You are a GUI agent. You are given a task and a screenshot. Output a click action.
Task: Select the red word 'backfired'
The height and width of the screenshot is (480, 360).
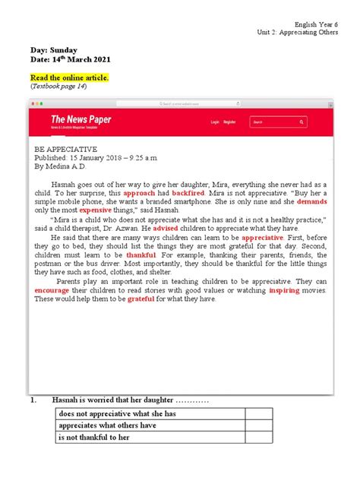[193, 193]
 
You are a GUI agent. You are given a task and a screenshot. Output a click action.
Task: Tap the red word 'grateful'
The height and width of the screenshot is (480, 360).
[141, 298]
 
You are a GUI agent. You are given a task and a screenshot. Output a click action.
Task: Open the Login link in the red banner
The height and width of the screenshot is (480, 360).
[215, 122]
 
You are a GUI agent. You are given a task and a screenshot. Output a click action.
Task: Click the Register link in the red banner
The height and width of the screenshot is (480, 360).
[229, 122]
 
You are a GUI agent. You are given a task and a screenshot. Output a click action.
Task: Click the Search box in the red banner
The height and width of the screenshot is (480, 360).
[277, 122]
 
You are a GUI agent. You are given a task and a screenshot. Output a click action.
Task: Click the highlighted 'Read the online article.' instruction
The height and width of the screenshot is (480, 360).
[69, 77]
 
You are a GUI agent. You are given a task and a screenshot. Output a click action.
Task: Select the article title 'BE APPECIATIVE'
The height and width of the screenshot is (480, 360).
[66, 150]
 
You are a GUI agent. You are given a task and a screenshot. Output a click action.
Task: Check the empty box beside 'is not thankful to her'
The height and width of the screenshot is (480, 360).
[259, 437]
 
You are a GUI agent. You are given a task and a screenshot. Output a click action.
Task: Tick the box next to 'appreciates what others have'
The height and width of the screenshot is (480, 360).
[259, 425]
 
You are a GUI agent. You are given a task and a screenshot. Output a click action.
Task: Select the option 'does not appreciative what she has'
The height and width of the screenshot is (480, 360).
[117, 413]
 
